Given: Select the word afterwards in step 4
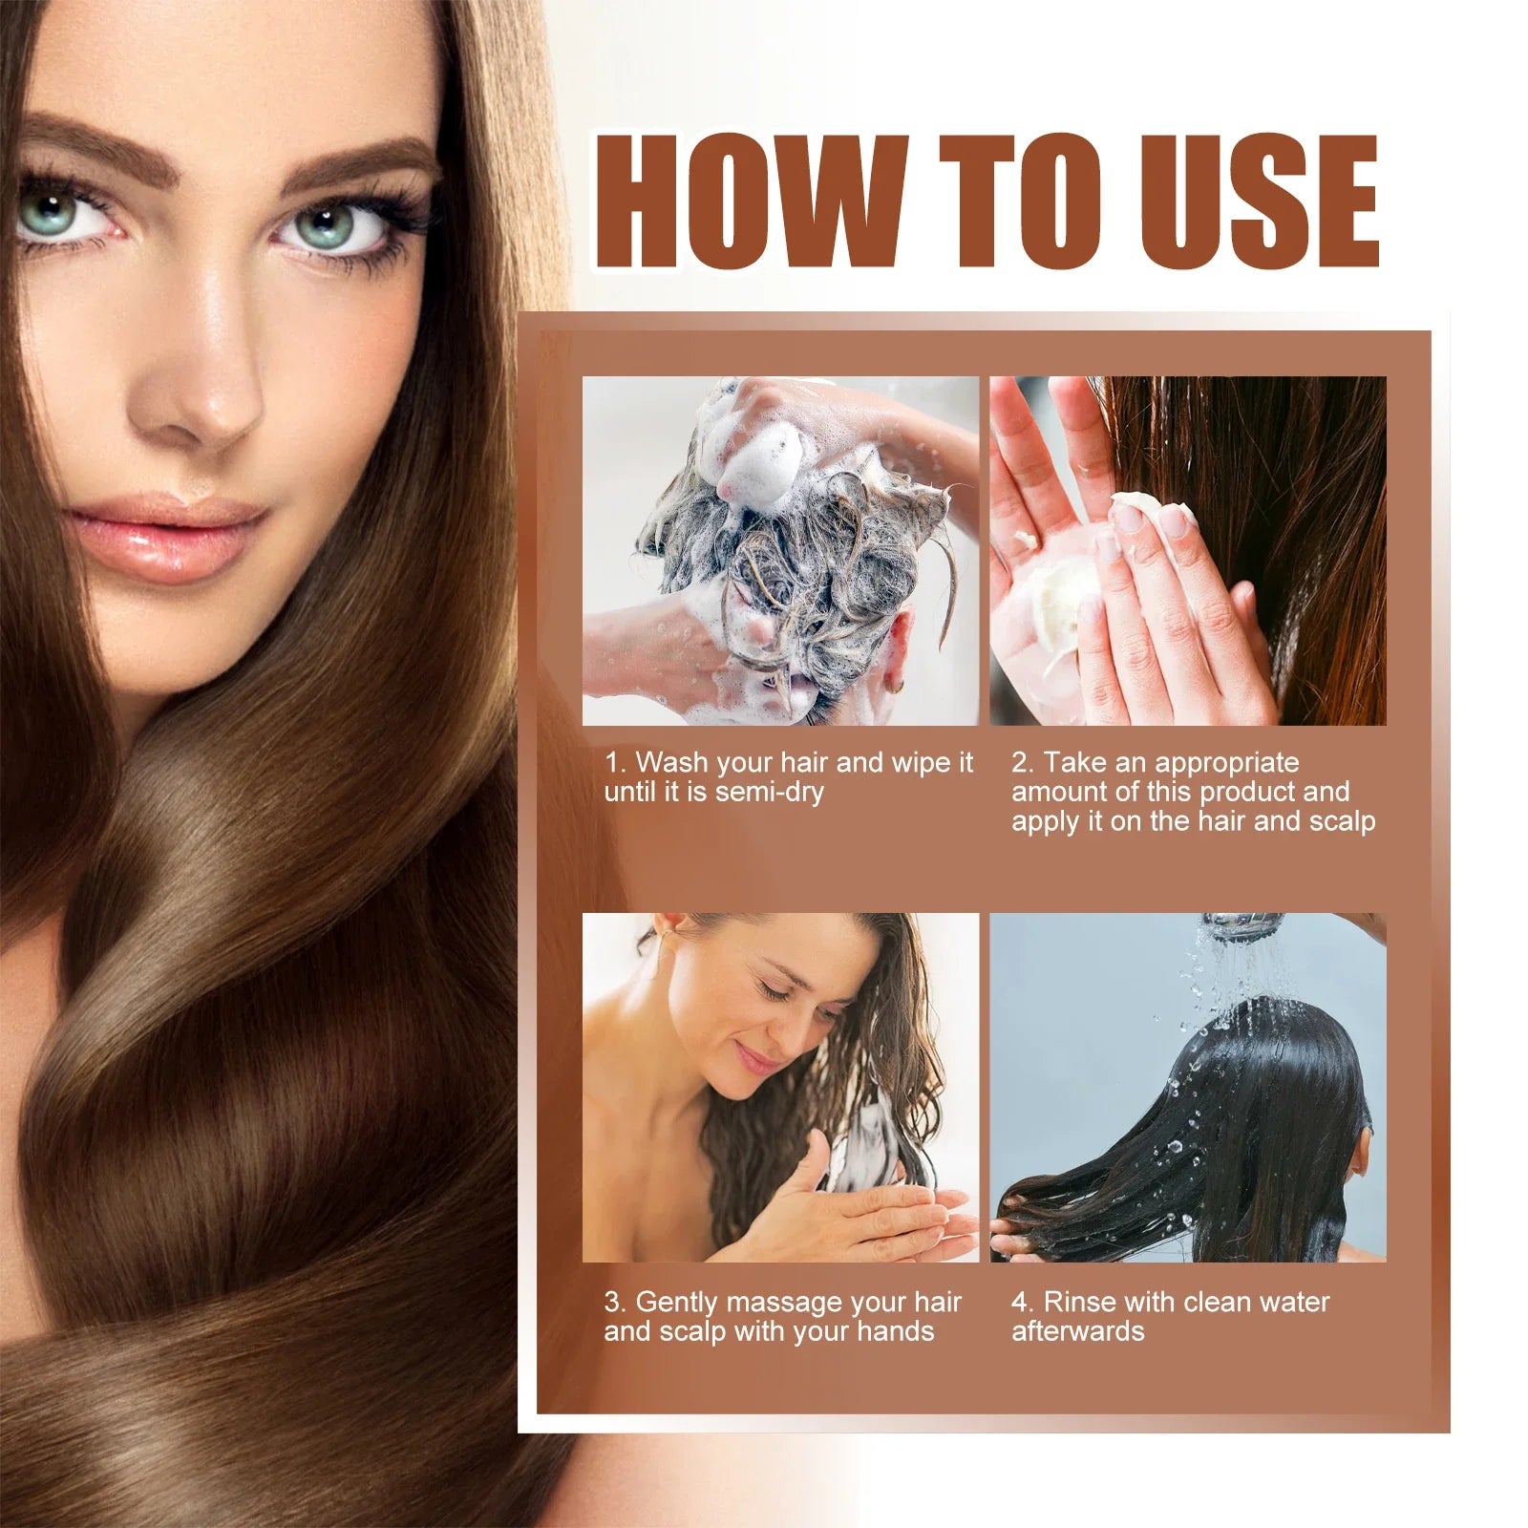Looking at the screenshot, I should click(x=1077, y=1331).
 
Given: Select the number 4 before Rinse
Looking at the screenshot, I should click(x=1020, y=1302).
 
